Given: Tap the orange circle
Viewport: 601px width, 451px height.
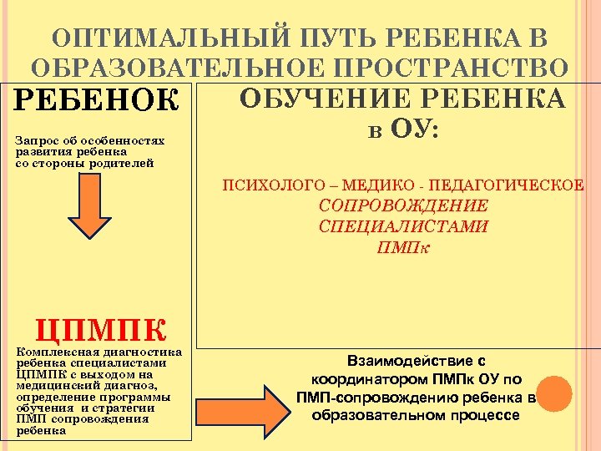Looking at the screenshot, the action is pyautogui.click(x=553, y=394).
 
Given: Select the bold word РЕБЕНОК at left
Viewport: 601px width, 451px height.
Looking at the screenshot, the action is pyautogui.click(x=97, y=101).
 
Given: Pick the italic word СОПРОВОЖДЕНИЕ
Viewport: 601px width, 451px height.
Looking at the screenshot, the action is pyautogui.click(x=403, y=205).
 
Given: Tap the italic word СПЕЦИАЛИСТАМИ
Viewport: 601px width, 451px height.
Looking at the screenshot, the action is pyautogui.click(x=403, y=226).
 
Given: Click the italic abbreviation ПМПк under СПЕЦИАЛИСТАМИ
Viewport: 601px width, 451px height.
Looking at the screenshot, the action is pyautogui.click(x=403, y=247).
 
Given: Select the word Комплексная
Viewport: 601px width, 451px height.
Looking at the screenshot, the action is pyautogui.click(x=53, y=353).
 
